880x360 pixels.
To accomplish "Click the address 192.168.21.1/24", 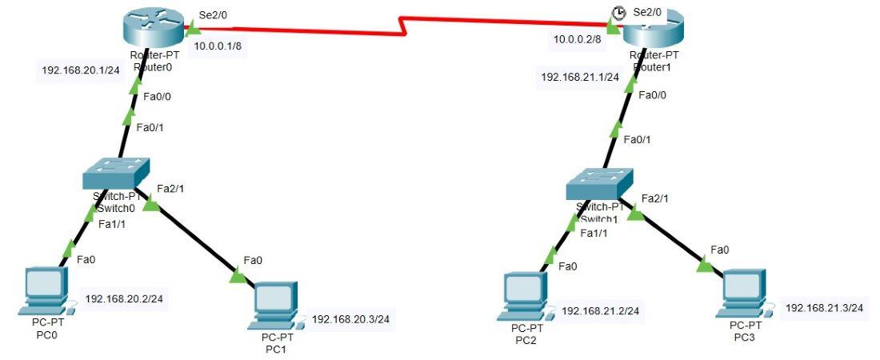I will [x=580, y=77].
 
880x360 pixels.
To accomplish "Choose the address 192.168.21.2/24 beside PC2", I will [x=600, y=310].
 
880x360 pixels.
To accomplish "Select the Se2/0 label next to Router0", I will [x=212, y=15].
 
